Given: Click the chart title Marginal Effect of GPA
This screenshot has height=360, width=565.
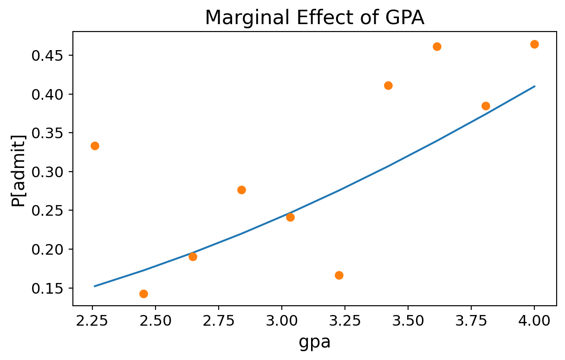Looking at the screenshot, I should pyautogui.click(x=315, y=18).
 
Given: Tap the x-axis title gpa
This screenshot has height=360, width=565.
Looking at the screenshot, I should pyautogui.click(x=315, y=342).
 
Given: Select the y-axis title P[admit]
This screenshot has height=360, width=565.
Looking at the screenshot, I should pyautogui.click(x=19, y=168).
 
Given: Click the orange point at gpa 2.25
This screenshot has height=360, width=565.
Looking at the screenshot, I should pyautogui.click(x=95, y=146).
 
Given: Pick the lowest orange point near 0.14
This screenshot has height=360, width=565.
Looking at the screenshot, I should pyautogui.click(x=143, y=294).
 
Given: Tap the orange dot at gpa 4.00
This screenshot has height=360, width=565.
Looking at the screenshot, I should pyautogui.click(x=534, y=44).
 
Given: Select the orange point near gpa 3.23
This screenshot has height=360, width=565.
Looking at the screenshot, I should pyautogui.click(x=339, y=275).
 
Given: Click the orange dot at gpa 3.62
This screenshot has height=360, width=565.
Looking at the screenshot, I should pyautogui.click(x=437, y=46).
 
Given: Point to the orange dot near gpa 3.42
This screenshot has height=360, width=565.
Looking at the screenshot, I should pyautogui.click(x=388, y=85).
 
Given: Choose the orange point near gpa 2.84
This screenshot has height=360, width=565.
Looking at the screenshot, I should pyautogui.click(x=241, y=190).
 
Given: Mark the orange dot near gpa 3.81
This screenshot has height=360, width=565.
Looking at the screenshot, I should pyautogui.click(x=486, y=106).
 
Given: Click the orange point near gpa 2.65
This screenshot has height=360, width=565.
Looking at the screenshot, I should pyautogui.click(x=193, y=257).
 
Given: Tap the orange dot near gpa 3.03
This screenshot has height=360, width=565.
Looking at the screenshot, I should pyautogui.click(x=290, y=217).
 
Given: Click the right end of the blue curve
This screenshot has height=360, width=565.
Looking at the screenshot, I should pyautogui.click(x=534, y=86).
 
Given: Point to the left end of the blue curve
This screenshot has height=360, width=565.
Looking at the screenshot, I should pyautogui.click(x=95, y=286).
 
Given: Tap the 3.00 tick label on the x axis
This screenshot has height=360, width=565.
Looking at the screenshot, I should pyautogui.click(x=281, y=321).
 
